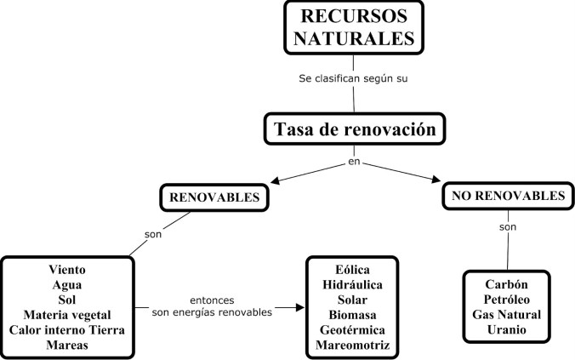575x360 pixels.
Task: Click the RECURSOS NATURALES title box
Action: point(353,28)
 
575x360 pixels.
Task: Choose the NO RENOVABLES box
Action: point(507,197)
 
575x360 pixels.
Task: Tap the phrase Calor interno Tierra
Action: point(67,330)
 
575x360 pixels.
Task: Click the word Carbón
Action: point(507,283)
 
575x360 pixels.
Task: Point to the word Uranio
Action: point(507,329)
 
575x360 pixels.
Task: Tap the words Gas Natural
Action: point(507,314)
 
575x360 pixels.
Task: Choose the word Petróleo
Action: point(507,299)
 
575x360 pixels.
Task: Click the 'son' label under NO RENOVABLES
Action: point(509,227)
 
